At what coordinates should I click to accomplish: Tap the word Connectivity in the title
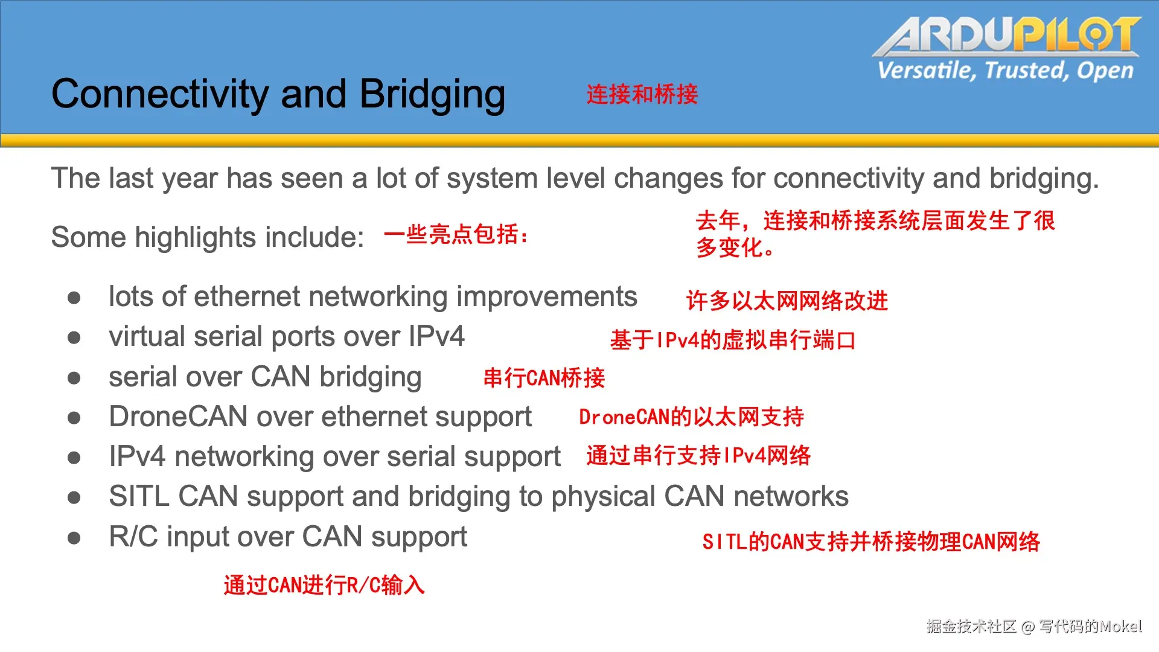tap(160, 95)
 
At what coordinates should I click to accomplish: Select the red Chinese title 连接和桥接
tap(642, 94)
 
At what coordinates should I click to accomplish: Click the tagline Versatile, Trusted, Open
tap(1006, 71)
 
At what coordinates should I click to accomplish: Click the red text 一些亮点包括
tap(456, 234)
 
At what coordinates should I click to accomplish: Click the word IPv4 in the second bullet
tap(436, 336)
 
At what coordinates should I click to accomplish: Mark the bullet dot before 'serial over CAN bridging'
tap(74, 378)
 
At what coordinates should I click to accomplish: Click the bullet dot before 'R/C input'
tap(74, 538)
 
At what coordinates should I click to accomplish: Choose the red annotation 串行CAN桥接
tap(544, 378)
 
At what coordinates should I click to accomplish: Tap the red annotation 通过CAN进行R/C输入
tap(324, 585)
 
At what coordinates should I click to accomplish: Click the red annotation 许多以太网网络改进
tap(787, 301)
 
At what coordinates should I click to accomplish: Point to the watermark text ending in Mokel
tap(1034, 627)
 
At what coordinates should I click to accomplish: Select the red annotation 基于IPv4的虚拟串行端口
tap(733, 340)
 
